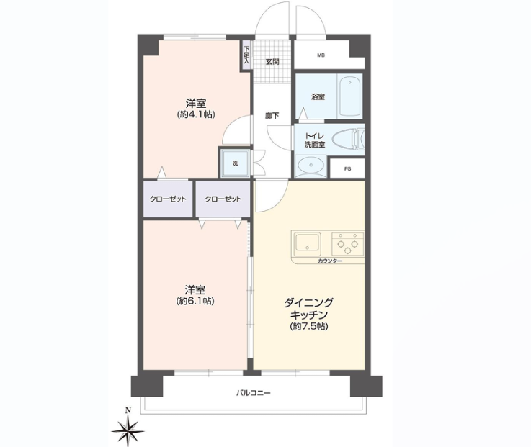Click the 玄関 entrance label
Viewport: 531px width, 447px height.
(x=272, y=62)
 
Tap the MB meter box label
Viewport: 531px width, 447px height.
(x=321, y=55)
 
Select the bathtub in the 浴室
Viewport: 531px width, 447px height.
(x=350, y=96)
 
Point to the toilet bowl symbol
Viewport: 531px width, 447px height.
(x=348, y=140)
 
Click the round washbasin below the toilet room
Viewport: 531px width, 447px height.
(x=311, y=166)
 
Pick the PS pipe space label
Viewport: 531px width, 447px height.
(x=347, y=169)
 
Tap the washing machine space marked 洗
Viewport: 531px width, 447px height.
(x=236, y=163)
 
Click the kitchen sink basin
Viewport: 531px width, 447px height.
(x=307, y=244)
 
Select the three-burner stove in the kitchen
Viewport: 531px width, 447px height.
(x=348, y=243)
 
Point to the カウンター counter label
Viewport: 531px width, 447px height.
(x=330, y=261)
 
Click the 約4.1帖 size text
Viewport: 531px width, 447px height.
(x=196, y=114)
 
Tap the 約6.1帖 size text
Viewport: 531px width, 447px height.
(x=195, y=301)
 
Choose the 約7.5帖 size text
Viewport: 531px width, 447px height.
(x=309, y=326)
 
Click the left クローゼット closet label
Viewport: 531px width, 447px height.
(x=168, y=199)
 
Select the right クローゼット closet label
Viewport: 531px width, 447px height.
(x=223, y=199)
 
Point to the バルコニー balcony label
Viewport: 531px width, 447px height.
(x=254, y=393)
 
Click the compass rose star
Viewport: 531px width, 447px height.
(x=128, y=430)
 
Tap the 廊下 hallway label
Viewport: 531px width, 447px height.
(x=272, y=115)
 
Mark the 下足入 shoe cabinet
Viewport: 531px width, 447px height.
(x=246, y=55)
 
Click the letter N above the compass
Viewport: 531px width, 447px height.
(x=128, y=411)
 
